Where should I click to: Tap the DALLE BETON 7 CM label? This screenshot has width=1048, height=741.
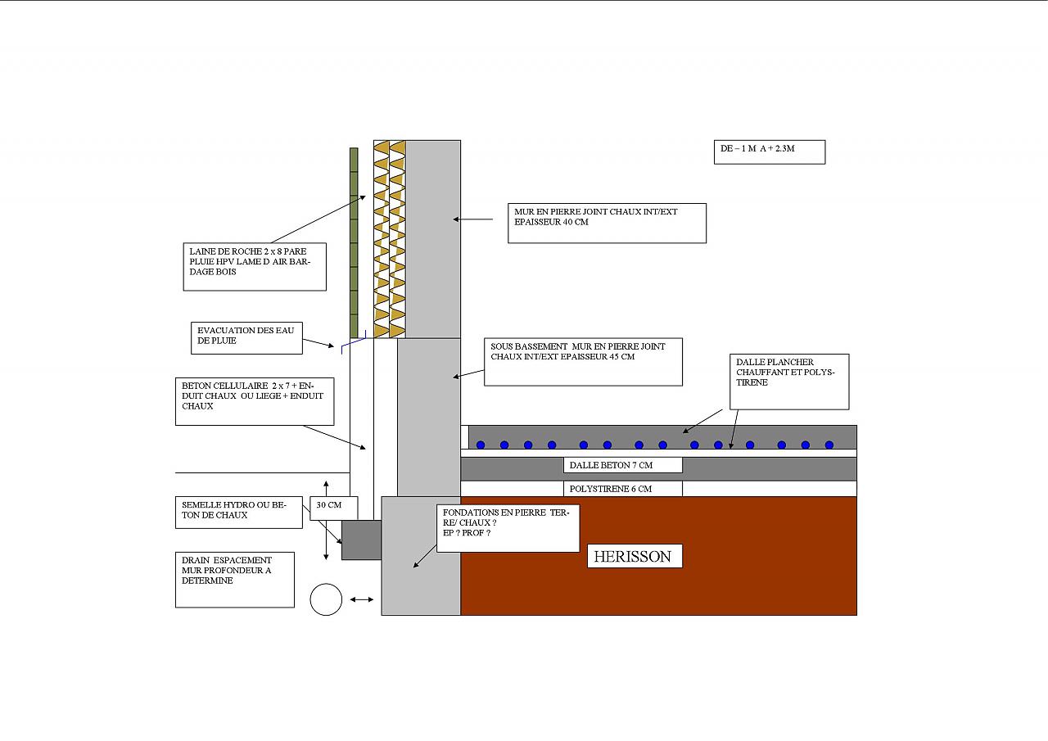click(x=623, y=466)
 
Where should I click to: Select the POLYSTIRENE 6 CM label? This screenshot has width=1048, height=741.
click(x=623, y=489)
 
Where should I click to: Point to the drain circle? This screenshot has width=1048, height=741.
click(x=326, y=600)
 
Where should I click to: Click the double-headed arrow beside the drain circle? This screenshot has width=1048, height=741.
click(x=361, y=600)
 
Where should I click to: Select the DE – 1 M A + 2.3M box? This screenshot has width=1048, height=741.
click(x=769, y=152)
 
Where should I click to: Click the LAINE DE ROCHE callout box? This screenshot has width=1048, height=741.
click(x=255, y=266)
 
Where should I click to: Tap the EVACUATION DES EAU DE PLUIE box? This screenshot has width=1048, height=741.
click(x=246, y=337)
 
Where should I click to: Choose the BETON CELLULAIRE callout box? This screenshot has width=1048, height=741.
click(x=255, y=401)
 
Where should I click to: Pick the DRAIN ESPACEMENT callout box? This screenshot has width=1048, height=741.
click(x=235, y=581)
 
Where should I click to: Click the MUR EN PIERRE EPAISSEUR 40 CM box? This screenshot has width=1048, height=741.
click(x=607, y=223)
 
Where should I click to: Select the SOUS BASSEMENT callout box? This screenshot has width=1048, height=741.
click(x=583, y=362)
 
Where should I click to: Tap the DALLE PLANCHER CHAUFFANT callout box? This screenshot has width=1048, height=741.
click(x=789, y=382)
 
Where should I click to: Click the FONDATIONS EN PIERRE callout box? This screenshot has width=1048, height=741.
click(x=508, y=528)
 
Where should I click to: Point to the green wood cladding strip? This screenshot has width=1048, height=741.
click(x=354, y=242)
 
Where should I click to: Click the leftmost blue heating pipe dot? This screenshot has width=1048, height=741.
click(x=481, y=445)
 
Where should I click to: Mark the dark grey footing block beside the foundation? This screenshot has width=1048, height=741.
click(x=361, y=540)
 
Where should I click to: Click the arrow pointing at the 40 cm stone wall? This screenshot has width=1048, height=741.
click(x=473, y=219)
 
